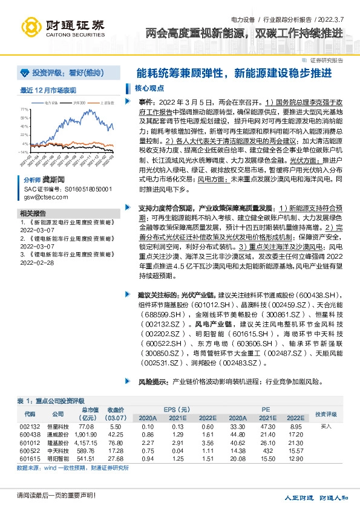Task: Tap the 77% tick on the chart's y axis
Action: pyautogui.click(x=24, y=110)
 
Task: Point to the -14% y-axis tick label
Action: pyautogui.click(x=24, y=152)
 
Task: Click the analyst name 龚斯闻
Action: pyautogui.click(x=53, y=181)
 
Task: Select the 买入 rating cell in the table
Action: pyautogui.click(x=326, y=426)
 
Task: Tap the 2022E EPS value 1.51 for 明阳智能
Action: pyautogui.click(x=207, y=459)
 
